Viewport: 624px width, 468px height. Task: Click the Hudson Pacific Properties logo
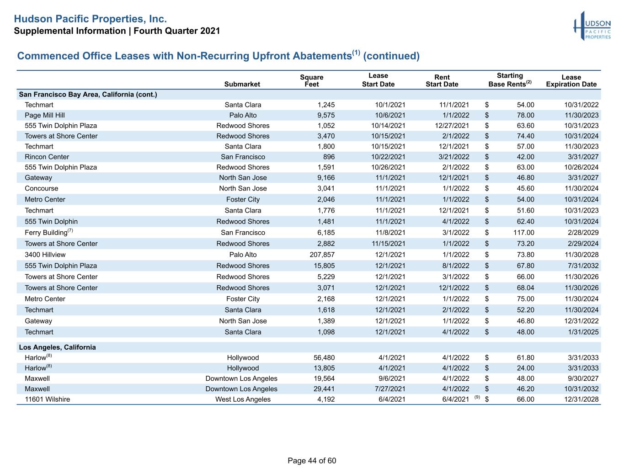coord(592,26)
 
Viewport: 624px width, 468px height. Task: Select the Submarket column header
coord(242,84)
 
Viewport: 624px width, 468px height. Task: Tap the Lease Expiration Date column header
coord(571,81)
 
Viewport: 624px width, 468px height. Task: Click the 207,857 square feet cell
coord(322,255)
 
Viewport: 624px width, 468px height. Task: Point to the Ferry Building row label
coord(48,232)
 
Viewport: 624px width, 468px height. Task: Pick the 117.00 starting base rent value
coord(523,233)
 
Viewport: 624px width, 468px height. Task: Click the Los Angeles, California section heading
coord(57,347)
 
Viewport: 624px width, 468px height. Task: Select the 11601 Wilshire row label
coord(47,399)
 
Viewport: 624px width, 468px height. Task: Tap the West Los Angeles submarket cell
coord(243,399)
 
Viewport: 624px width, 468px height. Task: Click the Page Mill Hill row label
coord(45,115)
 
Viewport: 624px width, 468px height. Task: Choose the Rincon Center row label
coord(47,157)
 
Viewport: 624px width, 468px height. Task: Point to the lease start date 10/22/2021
coord(388,157)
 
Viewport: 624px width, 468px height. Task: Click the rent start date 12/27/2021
coord(452,126)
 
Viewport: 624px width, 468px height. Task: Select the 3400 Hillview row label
coord(45,255)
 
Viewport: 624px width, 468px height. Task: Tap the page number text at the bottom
coord(312,461)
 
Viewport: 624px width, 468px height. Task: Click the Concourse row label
coord(41,188)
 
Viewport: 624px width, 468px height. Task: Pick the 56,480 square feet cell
coord(324,358)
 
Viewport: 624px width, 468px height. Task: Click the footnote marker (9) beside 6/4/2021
coord(477,397)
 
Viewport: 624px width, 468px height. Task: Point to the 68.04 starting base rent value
coord(525,288)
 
